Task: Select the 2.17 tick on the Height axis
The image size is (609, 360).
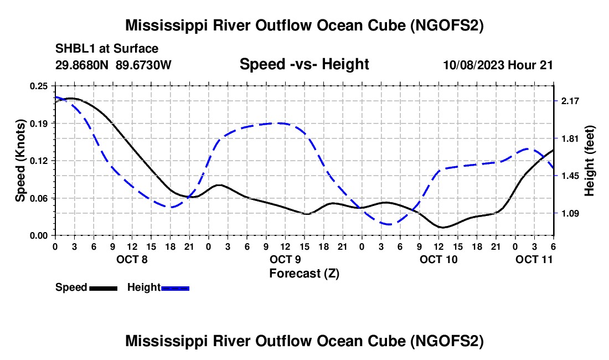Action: point(570,101)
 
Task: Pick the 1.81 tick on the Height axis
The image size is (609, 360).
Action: point(570,138)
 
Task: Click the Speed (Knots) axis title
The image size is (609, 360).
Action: point(20,161)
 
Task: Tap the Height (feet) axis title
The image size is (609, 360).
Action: point(589,161)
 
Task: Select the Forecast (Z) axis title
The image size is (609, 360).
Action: point(304,273)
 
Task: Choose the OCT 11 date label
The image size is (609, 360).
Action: point(534,259)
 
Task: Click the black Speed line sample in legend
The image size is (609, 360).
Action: point(103,287)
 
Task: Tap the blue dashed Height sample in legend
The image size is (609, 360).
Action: point(176,287)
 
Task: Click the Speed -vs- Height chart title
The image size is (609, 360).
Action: point(304,64)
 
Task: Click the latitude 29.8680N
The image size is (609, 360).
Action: point(84,65)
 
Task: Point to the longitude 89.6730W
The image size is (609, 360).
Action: point(144,65)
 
